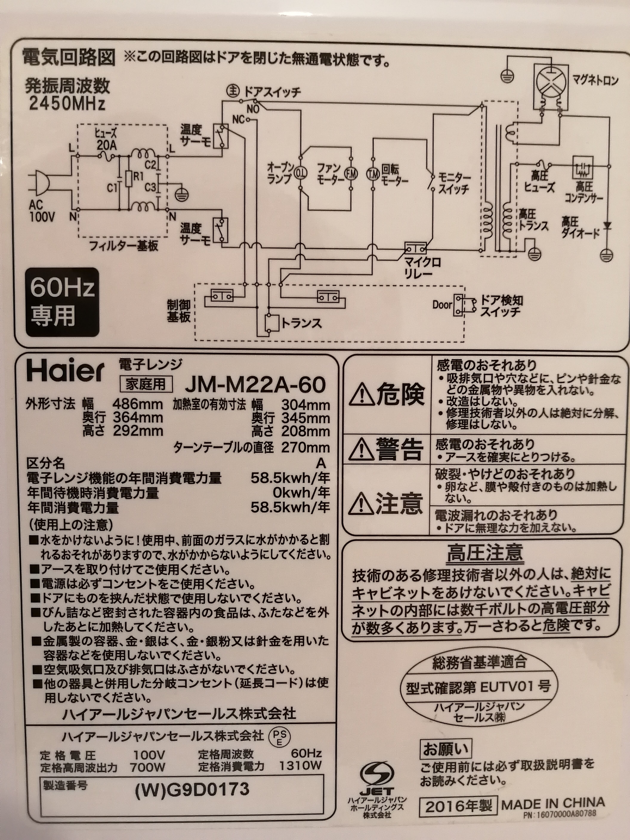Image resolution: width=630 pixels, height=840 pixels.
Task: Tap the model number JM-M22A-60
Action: tap(255, 385)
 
